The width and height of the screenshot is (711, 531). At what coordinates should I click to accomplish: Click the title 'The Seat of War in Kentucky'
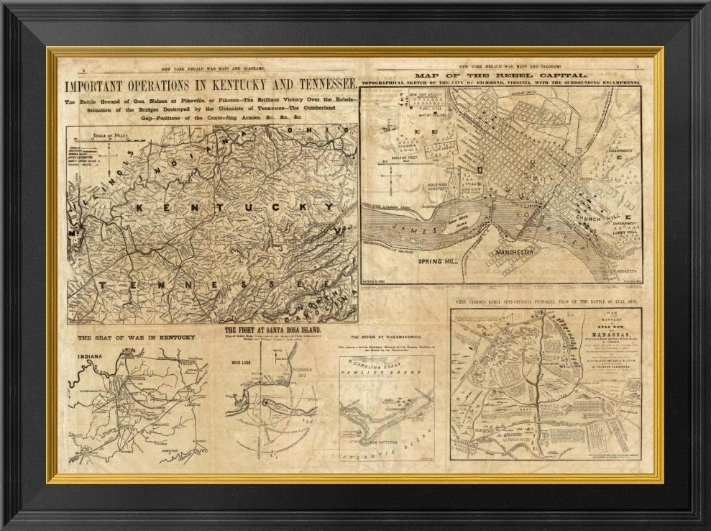pyautogui.click(x=137, y=337)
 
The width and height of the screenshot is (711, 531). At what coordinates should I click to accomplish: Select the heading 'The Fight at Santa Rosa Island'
pyautogui.click(x=273, y=330)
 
